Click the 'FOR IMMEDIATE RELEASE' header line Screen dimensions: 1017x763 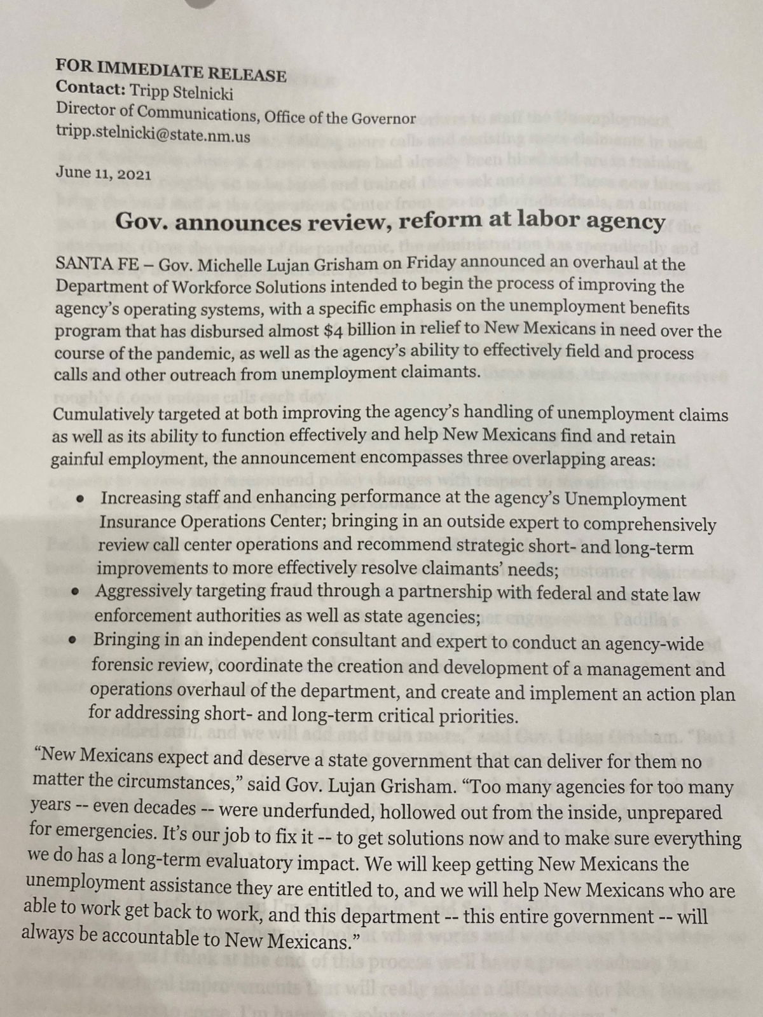pos(170,71)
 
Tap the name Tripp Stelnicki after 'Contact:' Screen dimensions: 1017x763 pos(181,92)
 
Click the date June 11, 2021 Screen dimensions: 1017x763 pos(103,172)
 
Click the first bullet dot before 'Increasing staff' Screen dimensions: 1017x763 pos(80,500)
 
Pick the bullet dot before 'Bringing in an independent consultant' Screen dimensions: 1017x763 pos(74,639)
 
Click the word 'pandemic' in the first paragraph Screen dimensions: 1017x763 pos(168,353)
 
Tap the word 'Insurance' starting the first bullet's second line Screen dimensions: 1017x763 pos(137,522)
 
